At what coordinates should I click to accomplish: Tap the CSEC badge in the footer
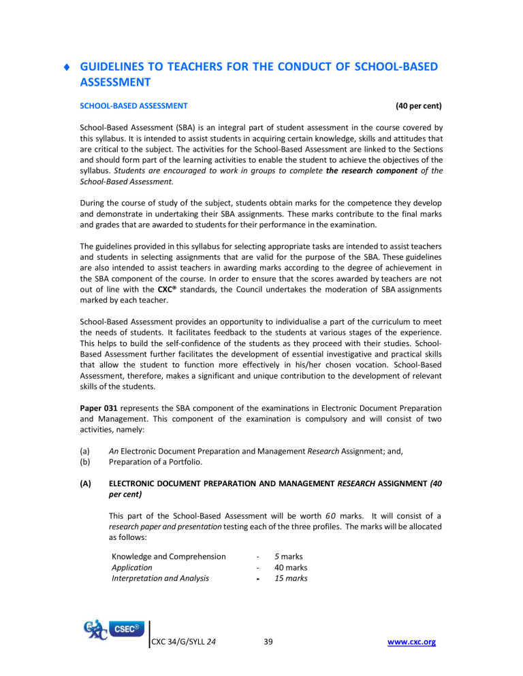point(122,639)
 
